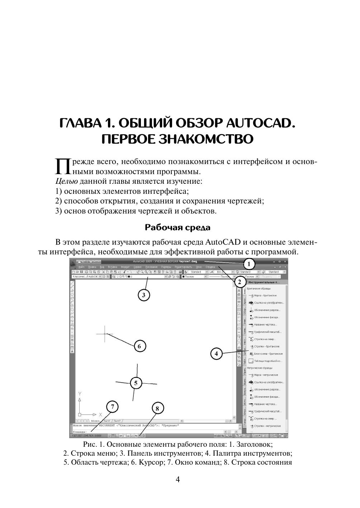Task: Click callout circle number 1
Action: click(x=248, y=264)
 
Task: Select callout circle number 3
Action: click(x=143, y=295)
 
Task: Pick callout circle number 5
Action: click(x=136, y=383)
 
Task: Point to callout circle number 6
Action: click(x=139, y=346)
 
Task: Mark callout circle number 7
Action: click(x=113, y=407)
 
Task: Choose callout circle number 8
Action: click(x=157, y=408)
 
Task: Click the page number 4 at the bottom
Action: click(x=178, y=479)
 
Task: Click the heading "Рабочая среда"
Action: click(x=177, y=227)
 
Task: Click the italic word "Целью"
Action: click(x=65, y=181)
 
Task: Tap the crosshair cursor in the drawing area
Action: click(x=105, y=334)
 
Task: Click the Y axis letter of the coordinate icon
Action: click(x=80, y=393)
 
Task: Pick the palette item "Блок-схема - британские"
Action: click(x=268, y=354)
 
